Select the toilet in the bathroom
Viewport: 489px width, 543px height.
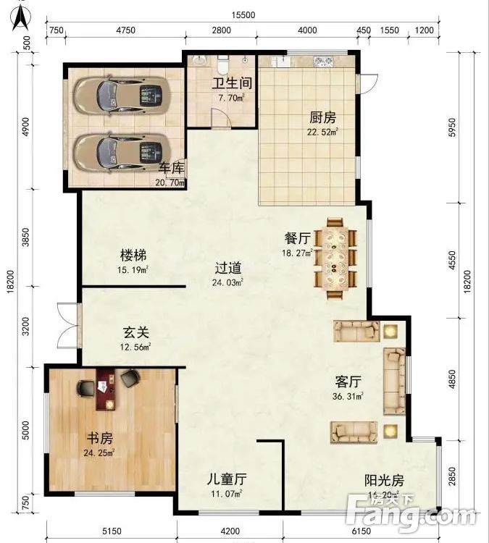click(221, 59)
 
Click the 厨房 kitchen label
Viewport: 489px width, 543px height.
click(322, 118)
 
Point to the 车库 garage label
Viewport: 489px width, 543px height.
click(172, 169)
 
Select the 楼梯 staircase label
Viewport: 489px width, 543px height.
click(134, 256)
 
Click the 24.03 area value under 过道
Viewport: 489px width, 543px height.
click(227, 282)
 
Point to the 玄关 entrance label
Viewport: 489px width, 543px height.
click(134, 333)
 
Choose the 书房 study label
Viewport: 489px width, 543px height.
click(99, 439)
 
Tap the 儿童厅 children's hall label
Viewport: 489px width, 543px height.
click(227, 479)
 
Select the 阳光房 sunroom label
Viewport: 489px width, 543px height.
click(383, 480)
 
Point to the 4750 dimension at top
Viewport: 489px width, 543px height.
click(125, 30)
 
